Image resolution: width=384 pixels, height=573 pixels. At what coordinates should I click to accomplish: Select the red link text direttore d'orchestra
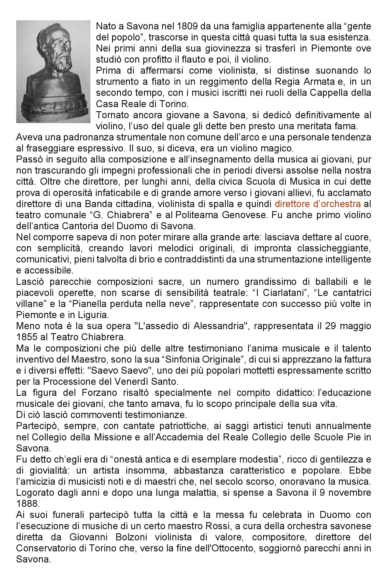[x=318, y=204]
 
